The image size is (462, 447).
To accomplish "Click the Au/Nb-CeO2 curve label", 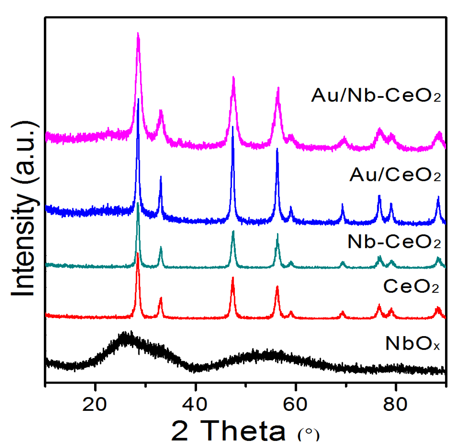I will tap(376, 96).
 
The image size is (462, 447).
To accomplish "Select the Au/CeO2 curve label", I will tap(395, 175).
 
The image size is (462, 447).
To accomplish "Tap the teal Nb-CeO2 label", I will tap(394, 242).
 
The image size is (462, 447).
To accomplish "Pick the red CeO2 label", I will tap(411, 286).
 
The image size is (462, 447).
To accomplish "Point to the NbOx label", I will tap(412, 343).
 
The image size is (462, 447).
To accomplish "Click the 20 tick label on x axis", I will tap(94, 404).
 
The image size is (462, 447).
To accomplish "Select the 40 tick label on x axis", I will tap(195, 404).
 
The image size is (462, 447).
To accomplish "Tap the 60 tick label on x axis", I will tap(295, 404).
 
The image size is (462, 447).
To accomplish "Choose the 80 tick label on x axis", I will tap(395, 404).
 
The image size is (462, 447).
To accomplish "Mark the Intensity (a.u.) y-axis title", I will tap(24, 209).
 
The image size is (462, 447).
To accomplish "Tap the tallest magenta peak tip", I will tap(138, 34).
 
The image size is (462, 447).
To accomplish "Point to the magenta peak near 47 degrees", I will tap(233, 78).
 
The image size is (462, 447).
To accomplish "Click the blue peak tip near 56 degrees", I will tap(277, 149).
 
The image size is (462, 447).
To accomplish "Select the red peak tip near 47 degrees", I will tap(233, 278).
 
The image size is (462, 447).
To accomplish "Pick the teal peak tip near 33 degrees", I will tap(161, 247).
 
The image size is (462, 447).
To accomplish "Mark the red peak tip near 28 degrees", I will tap(138, 254).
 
